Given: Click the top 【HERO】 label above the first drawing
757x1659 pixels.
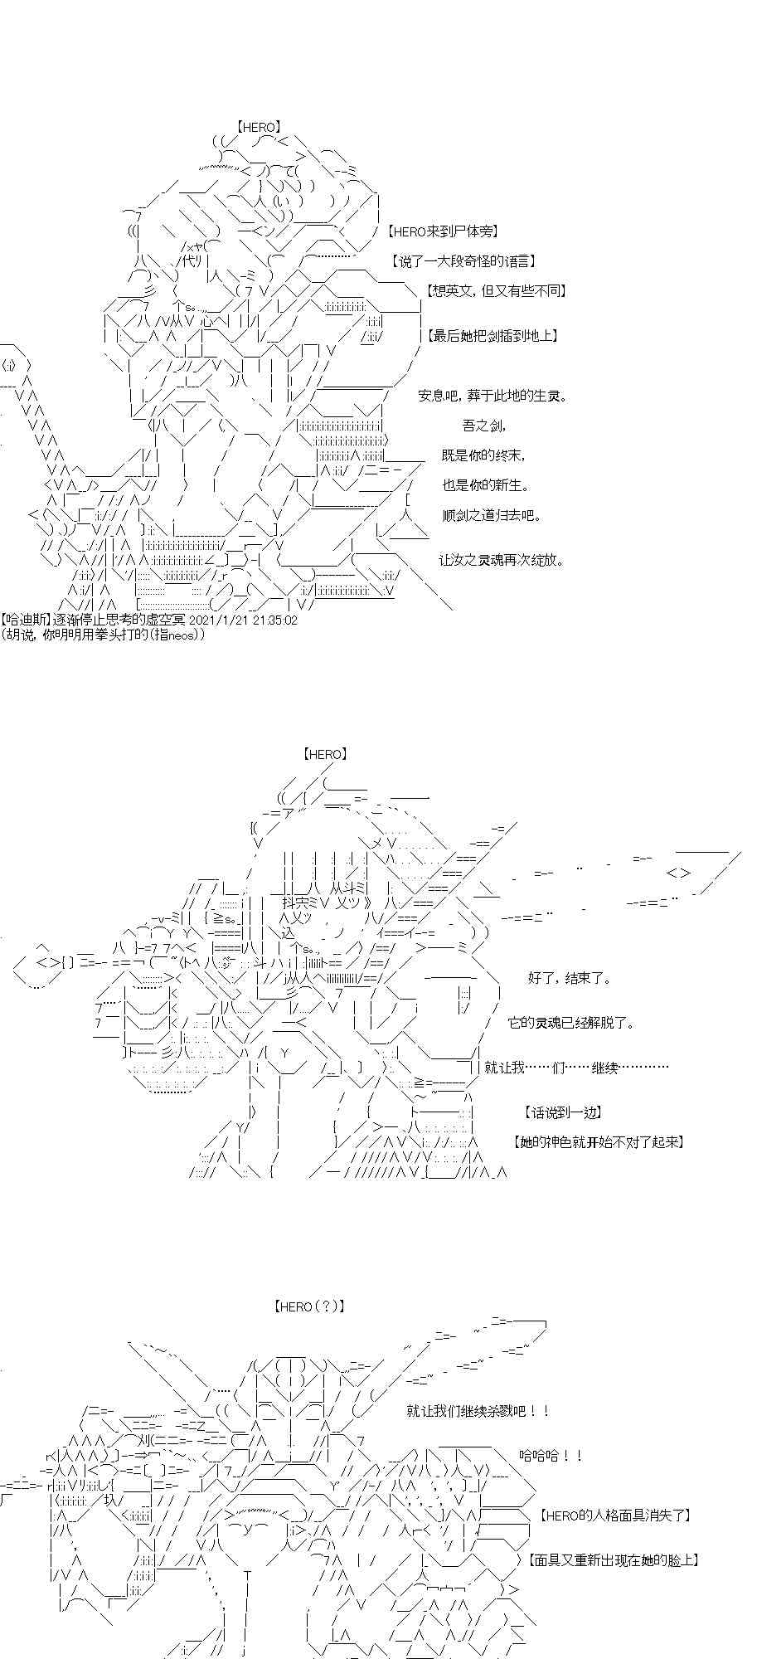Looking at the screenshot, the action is [258, 127].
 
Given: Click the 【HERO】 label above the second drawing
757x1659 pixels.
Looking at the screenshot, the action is [324, 754].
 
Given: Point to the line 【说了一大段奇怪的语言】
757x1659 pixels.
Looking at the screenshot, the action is [463, 260].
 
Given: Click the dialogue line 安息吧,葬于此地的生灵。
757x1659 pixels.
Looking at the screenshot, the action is [493, 396].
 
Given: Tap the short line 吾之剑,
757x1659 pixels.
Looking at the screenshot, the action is [483, 426].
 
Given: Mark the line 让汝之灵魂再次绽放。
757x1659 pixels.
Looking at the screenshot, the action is [502, 560].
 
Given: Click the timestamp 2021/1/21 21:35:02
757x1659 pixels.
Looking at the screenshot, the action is [236, 620].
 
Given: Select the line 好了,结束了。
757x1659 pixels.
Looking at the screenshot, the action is [569, 978].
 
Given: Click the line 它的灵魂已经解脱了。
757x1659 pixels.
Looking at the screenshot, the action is [571, 1023].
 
